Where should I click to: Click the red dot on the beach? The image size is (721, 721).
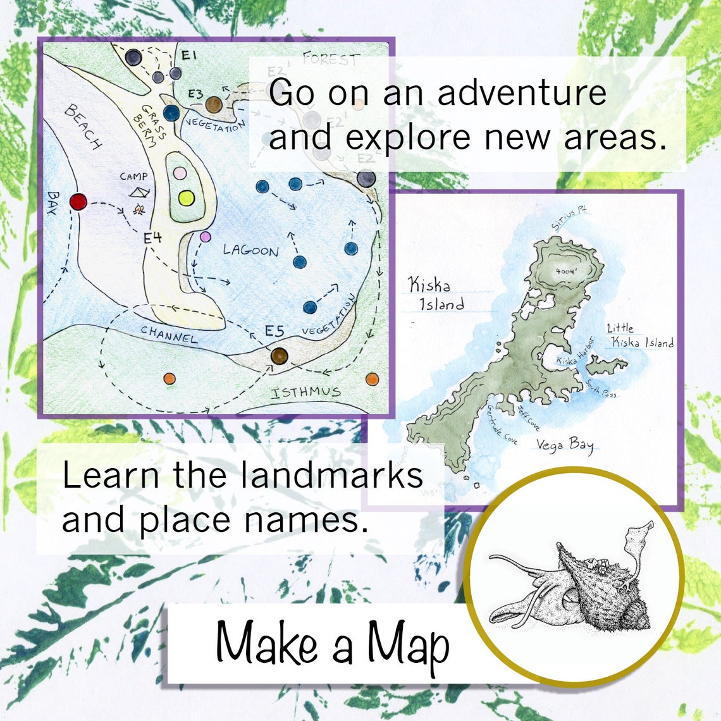77,202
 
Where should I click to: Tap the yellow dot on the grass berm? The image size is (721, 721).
185,198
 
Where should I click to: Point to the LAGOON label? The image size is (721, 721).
250,250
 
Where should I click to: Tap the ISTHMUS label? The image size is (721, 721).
305,393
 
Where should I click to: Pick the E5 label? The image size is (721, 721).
274,331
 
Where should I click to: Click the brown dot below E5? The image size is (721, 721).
279,356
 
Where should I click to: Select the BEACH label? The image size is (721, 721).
83,126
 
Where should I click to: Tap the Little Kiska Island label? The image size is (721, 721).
639,336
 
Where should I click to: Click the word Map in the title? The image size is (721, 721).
408,644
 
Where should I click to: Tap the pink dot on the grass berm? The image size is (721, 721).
180,173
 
